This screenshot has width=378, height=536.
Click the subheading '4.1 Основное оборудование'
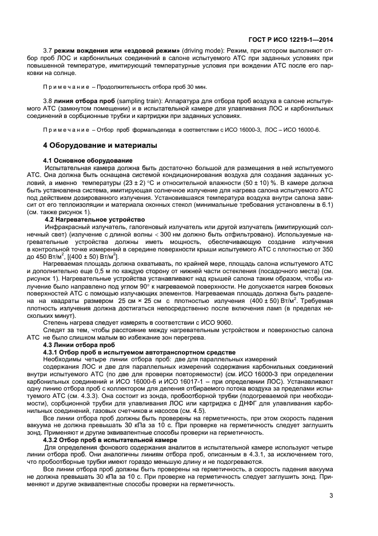[x=87, y=160]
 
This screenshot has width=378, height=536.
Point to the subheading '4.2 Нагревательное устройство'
[x=90, y=219]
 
